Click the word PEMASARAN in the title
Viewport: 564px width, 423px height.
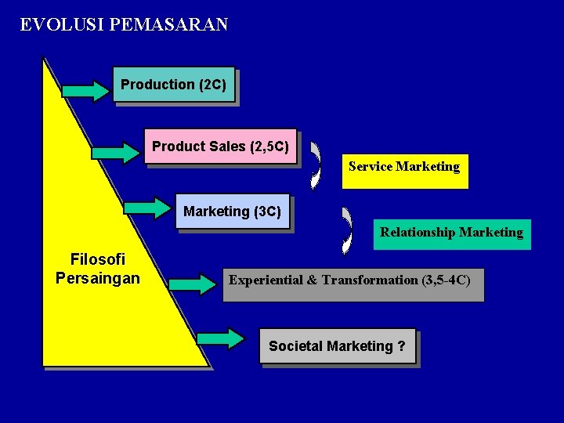pyautogui.click(x=169, y=24)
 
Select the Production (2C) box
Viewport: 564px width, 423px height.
pyautogui.click(x=173, y=85)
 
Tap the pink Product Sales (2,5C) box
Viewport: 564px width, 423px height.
pyautogui.click(x=220, y=146)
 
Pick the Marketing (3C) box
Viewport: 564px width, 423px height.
pyautogui.click(x=232, y=211)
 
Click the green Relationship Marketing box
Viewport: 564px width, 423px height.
pyautogui.click(x=451, y=233)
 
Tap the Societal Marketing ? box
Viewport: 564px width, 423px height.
pyautogui.click(x=337, y=346)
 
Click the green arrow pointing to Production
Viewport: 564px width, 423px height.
pyautogui.click(x=87, y=90)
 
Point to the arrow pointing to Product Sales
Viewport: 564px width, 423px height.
pyautogui.click(x=116, y=151)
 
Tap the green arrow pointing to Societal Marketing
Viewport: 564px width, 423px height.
pyautogui.click(x=221, y=338)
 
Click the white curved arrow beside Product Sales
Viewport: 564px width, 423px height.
pyautogui.click(x=316, y=165)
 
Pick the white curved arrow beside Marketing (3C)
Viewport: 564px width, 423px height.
pyautogui.click(x=347, y=230)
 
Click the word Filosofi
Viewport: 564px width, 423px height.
pyautogui.click(x=98, y=259)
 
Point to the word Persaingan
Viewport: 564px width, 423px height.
pyautogui.click(x=98, y=278)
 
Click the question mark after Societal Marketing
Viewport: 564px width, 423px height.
pyautogui.click(x=401, y=346)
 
